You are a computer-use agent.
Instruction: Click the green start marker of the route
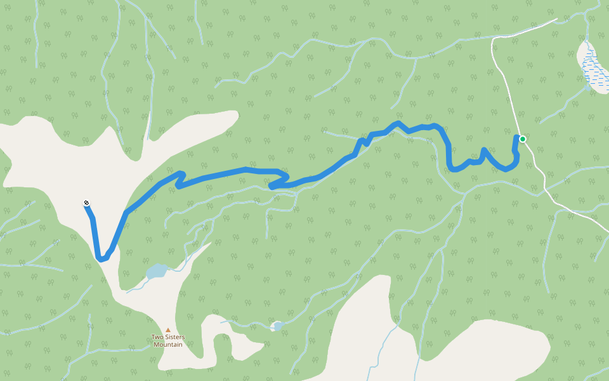click(x=523, y=139)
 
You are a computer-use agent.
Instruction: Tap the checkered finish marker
click(x=86, y=203)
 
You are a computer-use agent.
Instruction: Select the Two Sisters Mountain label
click(x=167, y=341)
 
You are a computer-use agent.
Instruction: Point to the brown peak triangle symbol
click(x=168, y=330)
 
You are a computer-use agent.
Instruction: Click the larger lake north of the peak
click(x=157, y=272)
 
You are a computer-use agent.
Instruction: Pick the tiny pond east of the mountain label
click(x=276, y=326)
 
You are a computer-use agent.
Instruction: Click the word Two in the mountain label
click(x=157, y=337)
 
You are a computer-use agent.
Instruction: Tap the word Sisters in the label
click(x=175, y=337)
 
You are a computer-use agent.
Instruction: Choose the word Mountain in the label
click(x=168, y=345)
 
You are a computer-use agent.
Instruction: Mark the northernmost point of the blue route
click(x=398, y=123)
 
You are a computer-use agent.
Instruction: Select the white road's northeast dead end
click(x=556, y=19)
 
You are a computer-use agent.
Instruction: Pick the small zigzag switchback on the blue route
click(x=180, y=178)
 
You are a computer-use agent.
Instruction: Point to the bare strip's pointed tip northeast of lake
click(x=209, y=244)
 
